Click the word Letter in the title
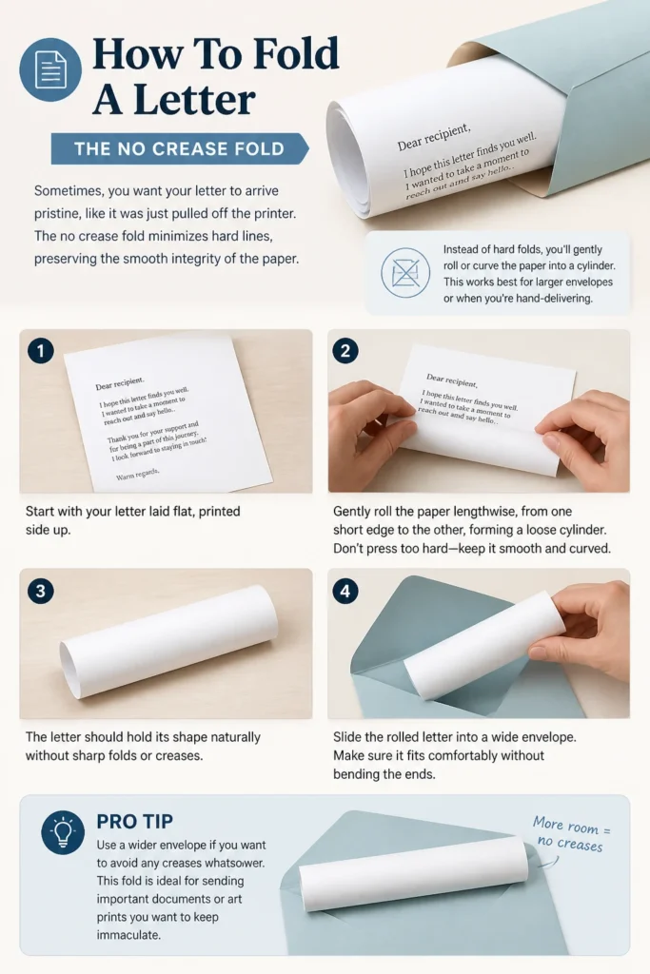194,100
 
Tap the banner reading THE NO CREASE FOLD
180,149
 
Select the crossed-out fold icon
405,272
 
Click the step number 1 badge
41,351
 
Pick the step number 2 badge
345,351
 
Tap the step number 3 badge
41,590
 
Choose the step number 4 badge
345,590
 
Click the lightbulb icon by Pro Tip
63,832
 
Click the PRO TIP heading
135,821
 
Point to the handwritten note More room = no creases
570,833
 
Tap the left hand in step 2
370,422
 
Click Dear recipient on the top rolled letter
434,137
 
